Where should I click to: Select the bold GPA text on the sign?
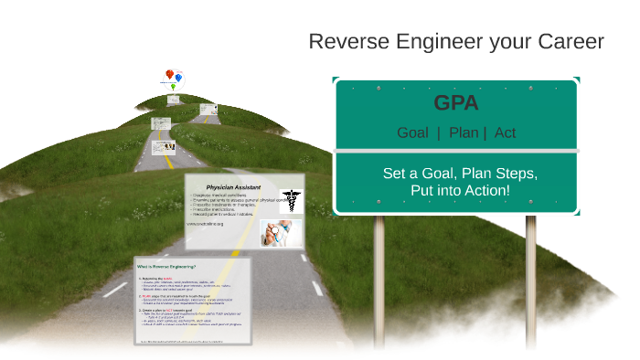point(456,102)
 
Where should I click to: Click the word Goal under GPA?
point(412,132)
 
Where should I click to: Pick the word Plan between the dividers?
point(464,132)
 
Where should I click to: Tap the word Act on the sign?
point(505,132)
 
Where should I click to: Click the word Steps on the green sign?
point(515,173)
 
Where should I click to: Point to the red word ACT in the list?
point(169,310)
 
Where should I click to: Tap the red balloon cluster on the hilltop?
point(169,75)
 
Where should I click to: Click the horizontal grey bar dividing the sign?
point(456,151)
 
